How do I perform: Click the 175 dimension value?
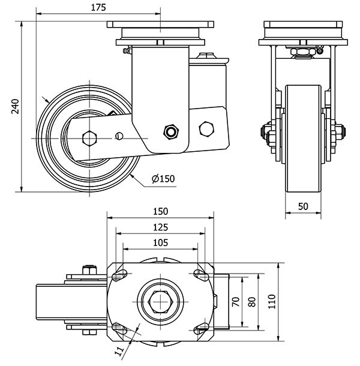(98, 8)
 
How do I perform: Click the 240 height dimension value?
(16, 106)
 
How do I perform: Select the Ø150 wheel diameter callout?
(163, 179)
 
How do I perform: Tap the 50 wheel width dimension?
(303, 206)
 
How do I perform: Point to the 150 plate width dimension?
(160, 211)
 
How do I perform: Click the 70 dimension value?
(236, 301)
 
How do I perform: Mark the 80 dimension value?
(251, 301)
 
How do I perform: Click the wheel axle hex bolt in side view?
(89, 137)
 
